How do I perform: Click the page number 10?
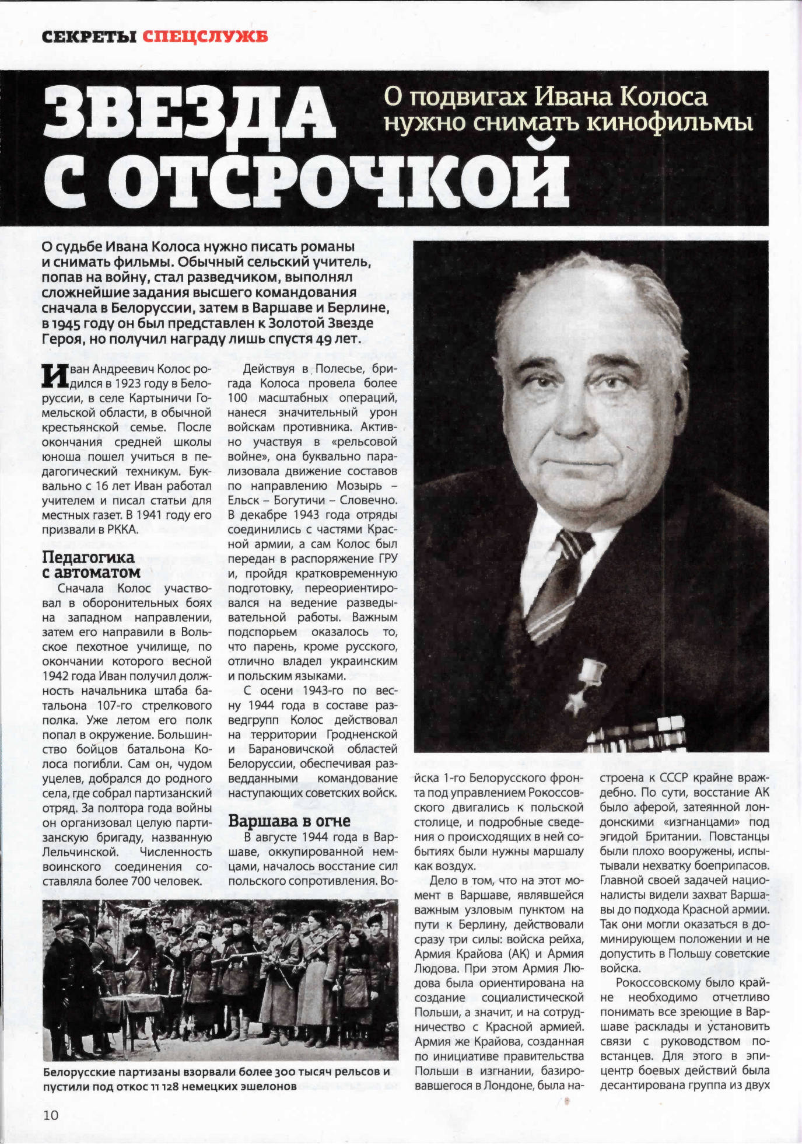coord(51,1115)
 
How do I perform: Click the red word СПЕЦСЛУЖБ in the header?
coord(205,37)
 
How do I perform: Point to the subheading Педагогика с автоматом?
coord(91,564)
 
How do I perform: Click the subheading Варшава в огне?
coord(289,821)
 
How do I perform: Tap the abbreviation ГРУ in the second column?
coord(387,559)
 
